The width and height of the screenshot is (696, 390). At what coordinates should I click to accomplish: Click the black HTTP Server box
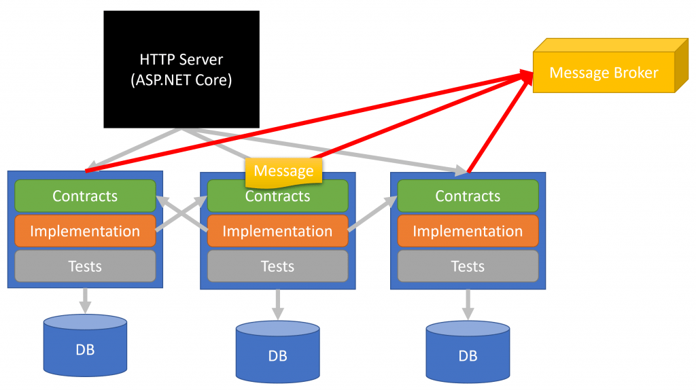pos(181,69)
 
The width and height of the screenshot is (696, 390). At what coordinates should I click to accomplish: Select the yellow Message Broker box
pos(610,66)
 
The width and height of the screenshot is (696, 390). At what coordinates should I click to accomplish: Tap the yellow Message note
pos(283,172)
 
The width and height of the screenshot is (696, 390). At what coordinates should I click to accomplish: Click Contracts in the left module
pos(85,196)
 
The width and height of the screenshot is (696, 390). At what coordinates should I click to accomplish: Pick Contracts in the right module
pos(468,196)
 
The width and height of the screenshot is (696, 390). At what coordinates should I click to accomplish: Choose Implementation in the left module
pos(85,231)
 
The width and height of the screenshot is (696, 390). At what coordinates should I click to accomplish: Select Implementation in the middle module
pos(278,231)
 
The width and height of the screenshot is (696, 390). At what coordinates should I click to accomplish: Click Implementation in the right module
pos(468,231)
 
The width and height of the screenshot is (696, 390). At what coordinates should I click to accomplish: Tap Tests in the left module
pos(85,266)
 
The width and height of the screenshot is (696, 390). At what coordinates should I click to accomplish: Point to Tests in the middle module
pos(278,266)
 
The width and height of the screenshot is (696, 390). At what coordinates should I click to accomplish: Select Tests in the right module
pos(468,266)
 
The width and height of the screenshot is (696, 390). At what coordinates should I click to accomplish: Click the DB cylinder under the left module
pos(85,345)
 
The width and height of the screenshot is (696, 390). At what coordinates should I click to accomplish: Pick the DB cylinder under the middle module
pos(278,351)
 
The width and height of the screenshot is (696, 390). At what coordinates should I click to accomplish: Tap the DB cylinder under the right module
pos(468,351)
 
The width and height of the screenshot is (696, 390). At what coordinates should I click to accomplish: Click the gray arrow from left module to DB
pos(85,301)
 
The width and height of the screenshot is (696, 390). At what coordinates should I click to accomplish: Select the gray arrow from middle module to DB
pos(278,304)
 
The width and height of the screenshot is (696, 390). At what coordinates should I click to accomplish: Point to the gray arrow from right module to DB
pos(468,304)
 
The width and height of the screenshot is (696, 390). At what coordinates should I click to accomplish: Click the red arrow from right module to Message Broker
pos(500,122)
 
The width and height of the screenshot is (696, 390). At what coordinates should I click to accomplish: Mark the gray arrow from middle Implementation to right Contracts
pos(372,213)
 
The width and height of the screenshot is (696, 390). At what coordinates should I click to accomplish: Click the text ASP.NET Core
pos(181,80)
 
